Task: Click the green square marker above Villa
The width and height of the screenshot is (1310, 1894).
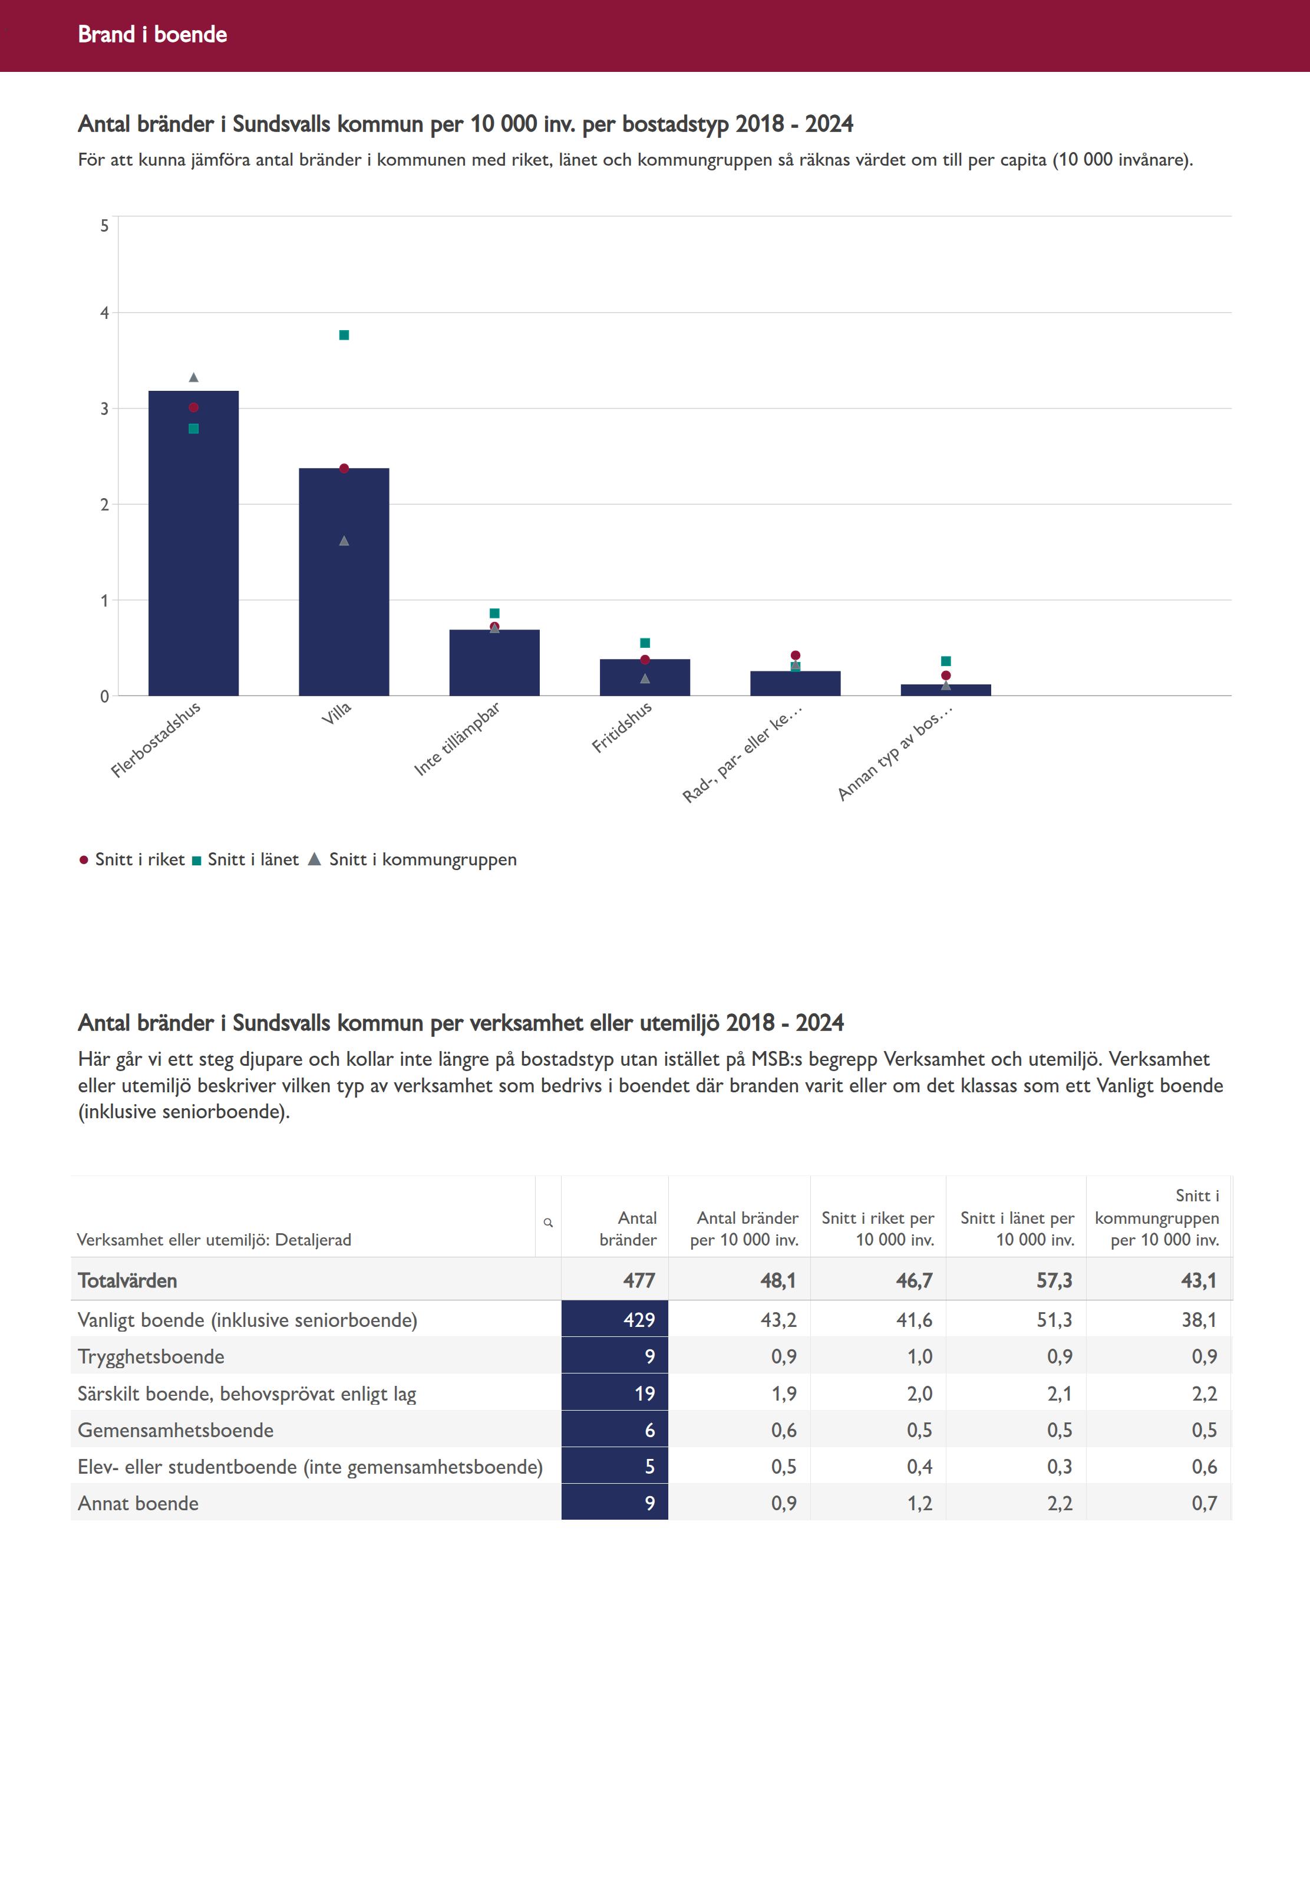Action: (x=344, y=335)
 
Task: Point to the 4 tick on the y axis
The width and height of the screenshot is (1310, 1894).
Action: (x=104, y=313)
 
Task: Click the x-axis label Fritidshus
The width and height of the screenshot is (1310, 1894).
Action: (x=622, y=727)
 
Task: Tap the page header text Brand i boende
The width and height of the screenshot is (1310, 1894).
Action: (x=152, y=34)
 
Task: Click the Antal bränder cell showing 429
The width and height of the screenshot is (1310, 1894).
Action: (x=615, y=1319)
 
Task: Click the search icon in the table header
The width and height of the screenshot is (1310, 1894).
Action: (x=548, y=1223)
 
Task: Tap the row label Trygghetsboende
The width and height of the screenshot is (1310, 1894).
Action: (x=151, y=1356)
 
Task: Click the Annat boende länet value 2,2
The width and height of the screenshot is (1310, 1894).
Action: (x=1059, y=1503)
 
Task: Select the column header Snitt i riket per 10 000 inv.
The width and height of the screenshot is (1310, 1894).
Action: (x=877, y=1228)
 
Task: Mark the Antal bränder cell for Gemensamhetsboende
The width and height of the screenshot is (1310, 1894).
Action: (x=615, y=1430)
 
